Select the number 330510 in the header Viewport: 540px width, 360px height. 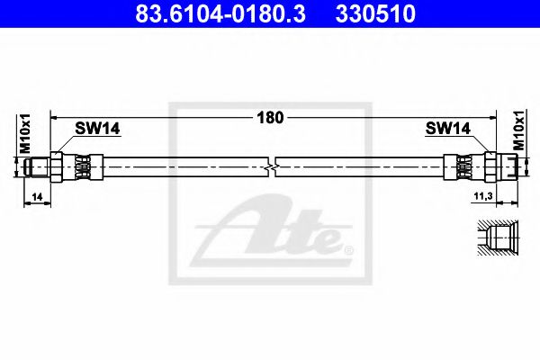coord(375,15)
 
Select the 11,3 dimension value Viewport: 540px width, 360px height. coord(481,195)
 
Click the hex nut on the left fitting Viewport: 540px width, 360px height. coord(58,165)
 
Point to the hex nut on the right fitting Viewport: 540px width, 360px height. coord(491,165)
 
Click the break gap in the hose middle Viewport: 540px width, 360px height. coord(274,165)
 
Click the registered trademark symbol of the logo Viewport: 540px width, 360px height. coord(348,247)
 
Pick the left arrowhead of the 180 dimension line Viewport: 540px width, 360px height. coord(53,116)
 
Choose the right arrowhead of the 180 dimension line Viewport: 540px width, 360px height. coord(493,116)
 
